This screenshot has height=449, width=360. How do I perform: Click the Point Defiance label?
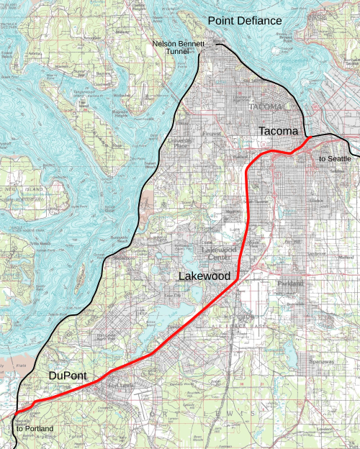coord(245,21)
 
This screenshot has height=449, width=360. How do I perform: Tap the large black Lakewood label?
coord(204,276)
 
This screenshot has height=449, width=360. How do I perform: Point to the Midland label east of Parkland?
coord(348,256)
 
